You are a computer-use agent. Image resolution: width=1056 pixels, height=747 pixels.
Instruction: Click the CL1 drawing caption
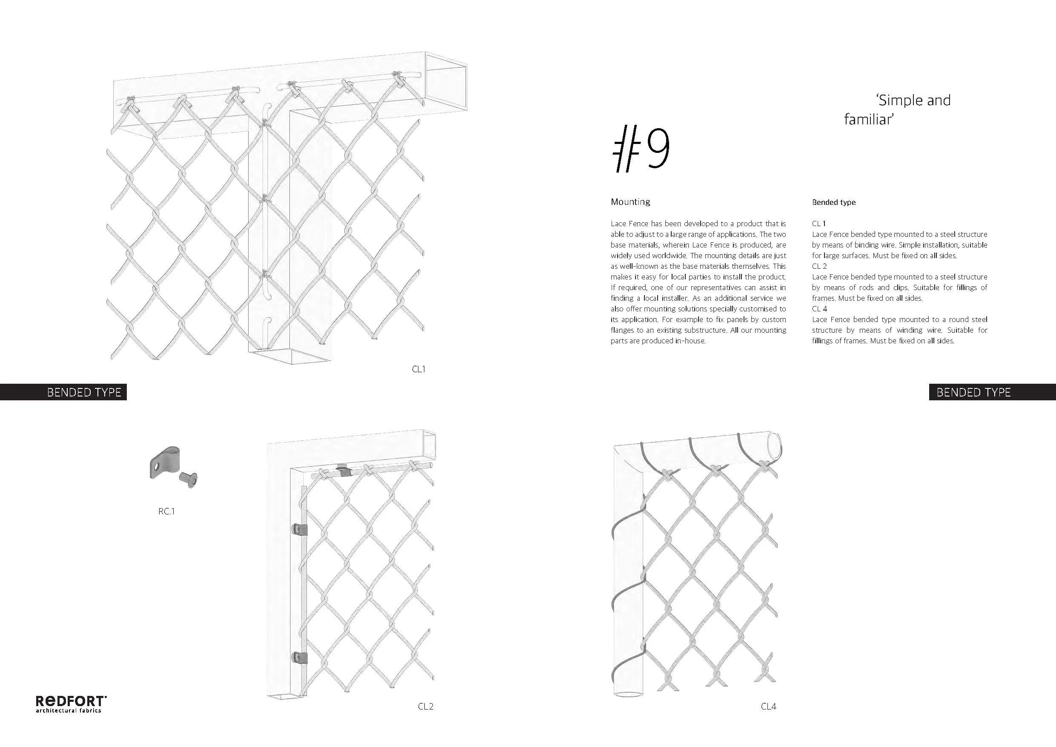click(x=418, y=369)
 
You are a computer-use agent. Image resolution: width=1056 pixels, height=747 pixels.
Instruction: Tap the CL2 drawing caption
click(x=426, y=706)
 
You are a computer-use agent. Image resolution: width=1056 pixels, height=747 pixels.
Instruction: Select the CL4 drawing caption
click(x=768, y=706)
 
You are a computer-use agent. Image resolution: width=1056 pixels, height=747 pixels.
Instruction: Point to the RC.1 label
click(x=166, y=511)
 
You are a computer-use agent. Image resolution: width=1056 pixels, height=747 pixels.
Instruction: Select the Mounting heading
click(x=630, y=201)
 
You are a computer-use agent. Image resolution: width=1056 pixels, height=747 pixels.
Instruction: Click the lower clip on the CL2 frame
click(x=299, y=658)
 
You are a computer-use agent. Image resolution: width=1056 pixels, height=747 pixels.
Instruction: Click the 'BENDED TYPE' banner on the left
click(x=84, y=392)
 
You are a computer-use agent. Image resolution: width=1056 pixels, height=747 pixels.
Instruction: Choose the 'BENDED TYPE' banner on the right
click(x=973, y=392)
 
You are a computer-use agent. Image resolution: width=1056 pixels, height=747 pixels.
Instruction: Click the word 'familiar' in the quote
click(x=868, y=120)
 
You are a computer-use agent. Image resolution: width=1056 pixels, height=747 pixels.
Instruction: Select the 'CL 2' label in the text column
click(x=819, y=266)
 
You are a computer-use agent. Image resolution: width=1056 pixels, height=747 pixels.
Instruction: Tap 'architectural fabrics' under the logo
click(x=69, y=711)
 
